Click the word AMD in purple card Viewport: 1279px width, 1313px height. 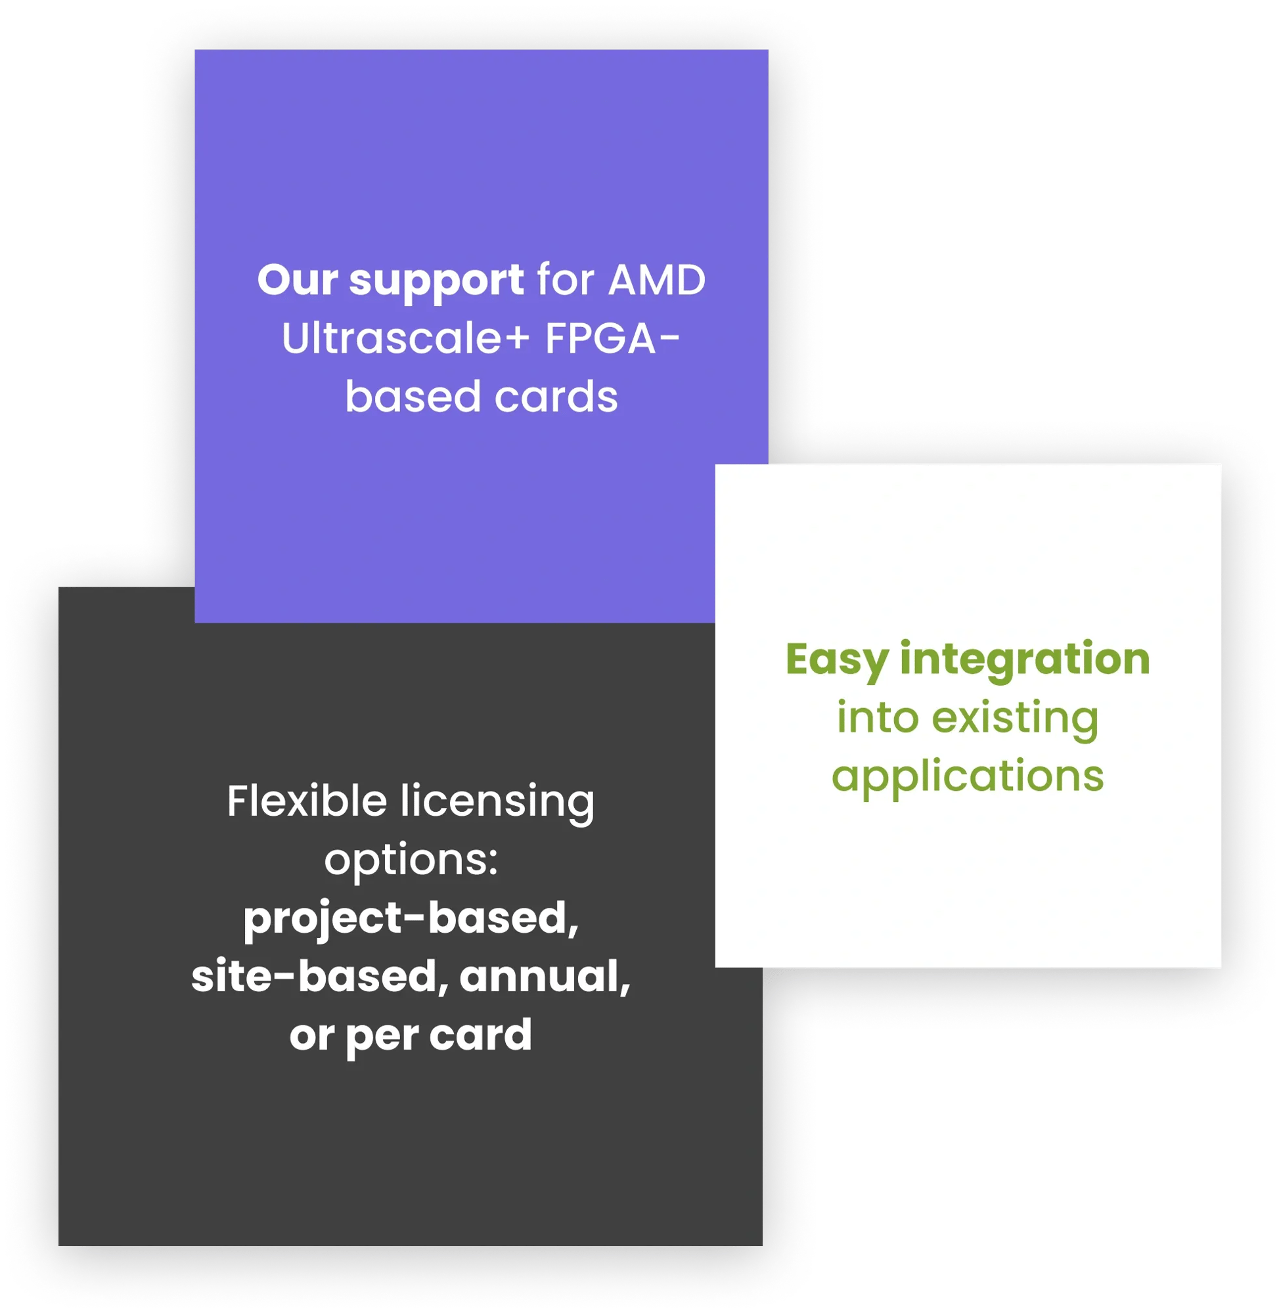point(656,280)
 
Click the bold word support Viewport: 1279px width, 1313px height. point(437,281)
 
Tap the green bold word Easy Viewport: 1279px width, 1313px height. point(836,660)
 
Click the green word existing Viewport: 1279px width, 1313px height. point(1015,718)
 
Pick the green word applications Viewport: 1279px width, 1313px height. point(968,777)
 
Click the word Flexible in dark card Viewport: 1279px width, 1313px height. point(307,801)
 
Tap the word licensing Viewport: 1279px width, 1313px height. point(497,803)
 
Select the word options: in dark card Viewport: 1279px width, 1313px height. point(411,860)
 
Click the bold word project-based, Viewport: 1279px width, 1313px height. point(411,919)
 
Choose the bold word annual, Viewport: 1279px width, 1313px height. point(545,977)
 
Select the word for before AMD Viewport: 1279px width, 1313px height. point(566,280)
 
